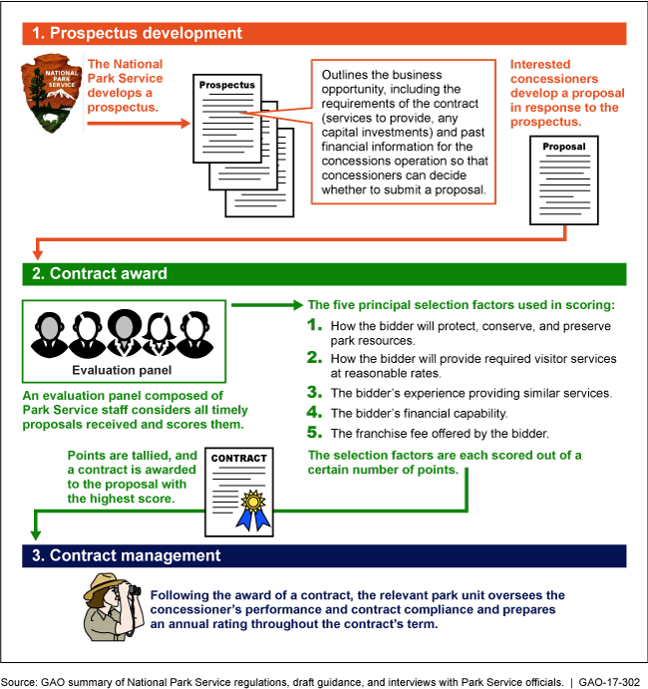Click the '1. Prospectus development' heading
tap(137, 33)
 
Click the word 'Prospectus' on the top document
tap(226, 86)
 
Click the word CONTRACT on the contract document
tap(240, 459)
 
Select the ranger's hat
tap(107, 582)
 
